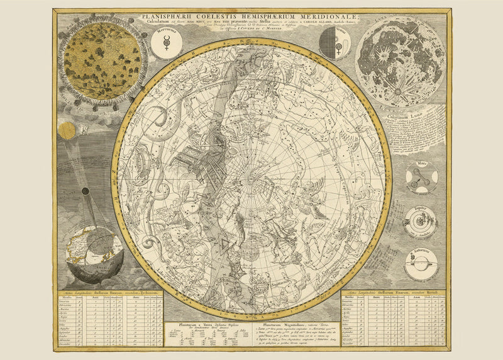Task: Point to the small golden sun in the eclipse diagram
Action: (67, 130)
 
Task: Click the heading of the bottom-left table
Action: (111, 294)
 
